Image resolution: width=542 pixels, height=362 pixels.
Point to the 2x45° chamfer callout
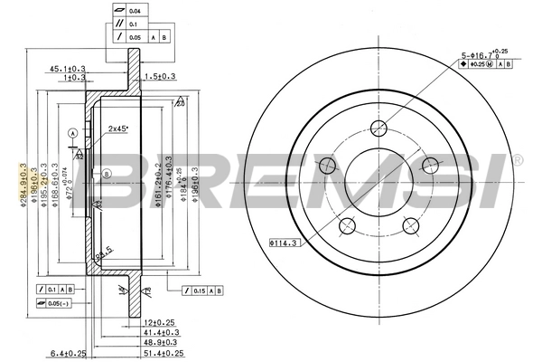[118, 129]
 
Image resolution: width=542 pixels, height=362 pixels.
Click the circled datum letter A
[72, 133]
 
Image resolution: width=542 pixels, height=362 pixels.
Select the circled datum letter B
[106, 173]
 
